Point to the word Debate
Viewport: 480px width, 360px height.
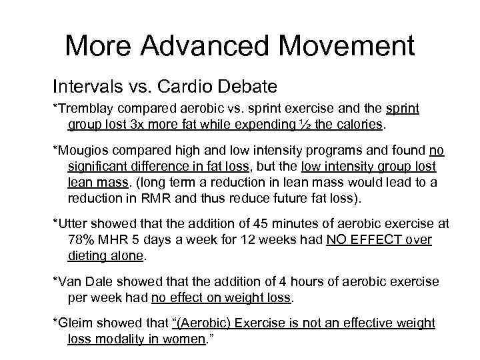tap(247, 87)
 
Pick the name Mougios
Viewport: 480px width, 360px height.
tap(81, 150)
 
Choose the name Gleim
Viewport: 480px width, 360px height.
tap(74, 323)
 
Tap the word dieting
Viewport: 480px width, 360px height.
tap(88, 255)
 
